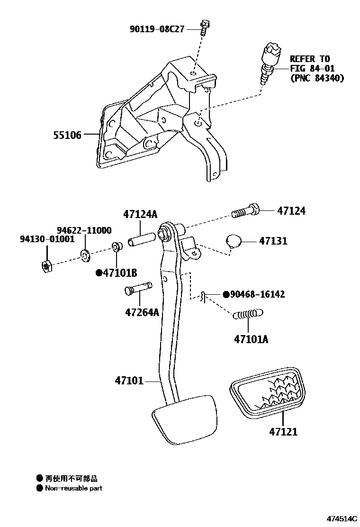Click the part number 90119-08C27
(x=157, y=29)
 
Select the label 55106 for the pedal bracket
(x=67, y=136)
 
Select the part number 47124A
(x=140, y=214)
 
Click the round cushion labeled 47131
(x=233, y=241)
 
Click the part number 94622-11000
(x=81, y=231)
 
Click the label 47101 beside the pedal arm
(x=129, y=381)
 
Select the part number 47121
(x=283, y=432)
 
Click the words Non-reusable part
(x=73, y=488)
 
